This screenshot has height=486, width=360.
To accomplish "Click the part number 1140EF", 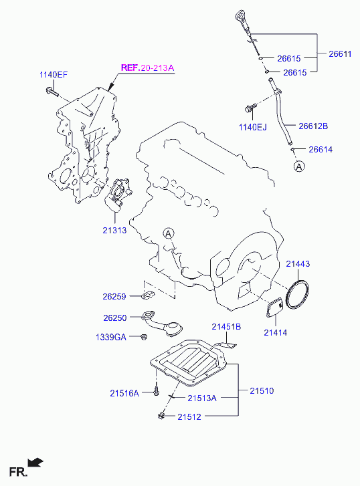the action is coord(54,75).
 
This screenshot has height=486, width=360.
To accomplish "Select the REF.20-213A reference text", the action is coord(147,68).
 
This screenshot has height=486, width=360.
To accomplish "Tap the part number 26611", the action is coord(340,54).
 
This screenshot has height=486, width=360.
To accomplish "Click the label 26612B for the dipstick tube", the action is coord(313,126).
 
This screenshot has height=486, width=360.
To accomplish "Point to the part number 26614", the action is coord(321,149).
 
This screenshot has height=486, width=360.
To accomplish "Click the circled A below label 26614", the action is coord(299,166).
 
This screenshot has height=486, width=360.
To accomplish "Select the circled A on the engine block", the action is coord(169,233).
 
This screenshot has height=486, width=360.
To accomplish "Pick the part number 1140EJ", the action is coord(253,127).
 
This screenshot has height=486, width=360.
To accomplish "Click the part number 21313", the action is coord(114,230).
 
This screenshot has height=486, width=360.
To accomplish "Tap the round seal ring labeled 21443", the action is coord(287,294).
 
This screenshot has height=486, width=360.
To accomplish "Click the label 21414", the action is coord(275,332).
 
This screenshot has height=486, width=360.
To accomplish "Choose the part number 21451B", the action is coord(226,327).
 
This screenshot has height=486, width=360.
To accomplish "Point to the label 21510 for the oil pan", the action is coord(262,391).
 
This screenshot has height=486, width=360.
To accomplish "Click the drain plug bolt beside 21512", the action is coord(161,415).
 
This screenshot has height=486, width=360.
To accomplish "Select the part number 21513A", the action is coord(202,398).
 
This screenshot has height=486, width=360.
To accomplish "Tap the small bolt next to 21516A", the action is coord(156,390).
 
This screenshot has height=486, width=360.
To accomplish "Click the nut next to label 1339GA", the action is coord(143,337).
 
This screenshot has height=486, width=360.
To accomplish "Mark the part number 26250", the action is coord(115,318).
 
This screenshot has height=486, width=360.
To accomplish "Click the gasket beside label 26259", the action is coord(148,295).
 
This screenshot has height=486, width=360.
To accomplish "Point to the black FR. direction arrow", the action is coord(35,462).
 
